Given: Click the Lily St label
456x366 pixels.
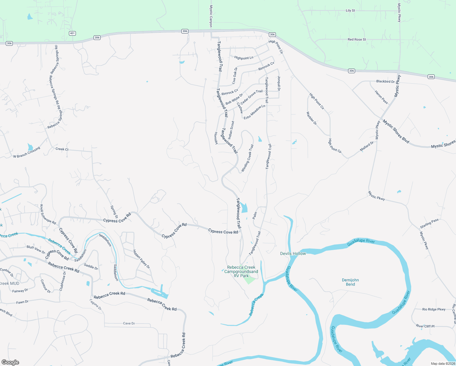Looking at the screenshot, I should (x=350, y=10).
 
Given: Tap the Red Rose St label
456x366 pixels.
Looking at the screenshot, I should (x=357, y=39).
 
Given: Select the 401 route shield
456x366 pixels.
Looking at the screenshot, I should (x=72, y=33).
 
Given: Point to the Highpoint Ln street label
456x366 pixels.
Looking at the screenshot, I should (x=244, y=58).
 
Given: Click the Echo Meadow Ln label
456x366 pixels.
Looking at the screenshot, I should (x=254, y=112).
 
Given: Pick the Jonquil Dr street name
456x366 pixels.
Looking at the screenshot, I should (x=279, y=83).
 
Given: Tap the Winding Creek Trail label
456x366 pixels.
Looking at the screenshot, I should (x=247, y=158).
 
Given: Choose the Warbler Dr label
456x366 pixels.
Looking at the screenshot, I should (x=312, y=118).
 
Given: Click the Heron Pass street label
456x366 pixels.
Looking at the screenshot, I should (x=381, y=97).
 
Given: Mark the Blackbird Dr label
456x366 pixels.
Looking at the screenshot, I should (x=385, y=81).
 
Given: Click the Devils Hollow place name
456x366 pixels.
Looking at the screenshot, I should (x=293, y=253).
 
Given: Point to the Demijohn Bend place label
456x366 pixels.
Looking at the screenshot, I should (x=350, y=282).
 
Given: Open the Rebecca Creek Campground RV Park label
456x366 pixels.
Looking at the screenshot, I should (x=241, y=271).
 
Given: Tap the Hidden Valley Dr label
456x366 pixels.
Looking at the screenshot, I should (x=141, y=259).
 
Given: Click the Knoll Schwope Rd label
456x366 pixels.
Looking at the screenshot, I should (x=48, y=214).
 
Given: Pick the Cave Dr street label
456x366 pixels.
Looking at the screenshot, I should (x=129, y=323).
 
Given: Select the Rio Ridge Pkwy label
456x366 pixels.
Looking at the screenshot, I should (x=434, y=309).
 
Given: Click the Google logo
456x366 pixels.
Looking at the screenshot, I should (x=10, y=362).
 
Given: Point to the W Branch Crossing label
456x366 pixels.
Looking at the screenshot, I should (x=27, y=152).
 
